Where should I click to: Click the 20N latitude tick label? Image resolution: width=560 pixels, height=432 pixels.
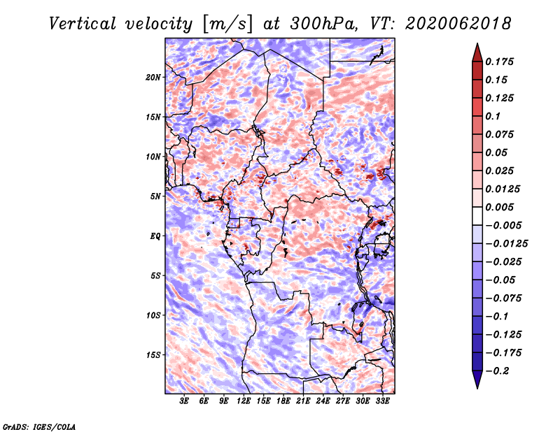coord(153,78)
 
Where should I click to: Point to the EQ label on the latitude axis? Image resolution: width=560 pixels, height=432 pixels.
coord(155,236)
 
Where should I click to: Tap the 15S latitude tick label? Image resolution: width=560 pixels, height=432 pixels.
coord(153,355)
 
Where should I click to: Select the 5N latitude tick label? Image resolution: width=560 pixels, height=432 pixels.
coord(155,196)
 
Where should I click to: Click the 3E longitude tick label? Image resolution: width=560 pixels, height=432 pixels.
coord(184,401)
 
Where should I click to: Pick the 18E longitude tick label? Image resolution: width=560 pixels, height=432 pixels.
coord(283,401)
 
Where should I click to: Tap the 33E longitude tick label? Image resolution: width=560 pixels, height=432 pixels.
coord(382,401)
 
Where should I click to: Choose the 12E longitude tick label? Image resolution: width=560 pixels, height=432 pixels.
coord(244,401)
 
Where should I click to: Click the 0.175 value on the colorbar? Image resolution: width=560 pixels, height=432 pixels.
coord(499,62)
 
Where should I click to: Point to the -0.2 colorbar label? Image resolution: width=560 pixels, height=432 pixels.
coord(498,371)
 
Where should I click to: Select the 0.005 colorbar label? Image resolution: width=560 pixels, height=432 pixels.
coord(499,207)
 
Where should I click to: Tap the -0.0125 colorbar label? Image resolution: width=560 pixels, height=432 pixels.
coord(506,244)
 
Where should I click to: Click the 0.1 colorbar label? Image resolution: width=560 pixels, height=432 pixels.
coord(493,116)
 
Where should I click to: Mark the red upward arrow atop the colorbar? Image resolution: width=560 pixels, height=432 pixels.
coord(477,52)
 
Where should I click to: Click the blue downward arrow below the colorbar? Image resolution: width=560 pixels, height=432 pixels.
coord(477,380)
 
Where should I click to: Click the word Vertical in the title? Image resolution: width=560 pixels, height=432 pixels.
coord(83,24)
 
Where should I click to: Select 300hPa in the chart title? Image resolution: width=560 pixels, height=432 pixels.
coord(323,24)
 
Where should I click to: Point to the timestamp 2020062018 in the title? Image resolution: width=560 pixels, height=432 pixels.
coord(458,24)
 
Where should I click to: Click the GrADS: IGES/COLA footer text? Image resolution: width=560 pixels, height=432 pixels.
coord(39,426)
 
